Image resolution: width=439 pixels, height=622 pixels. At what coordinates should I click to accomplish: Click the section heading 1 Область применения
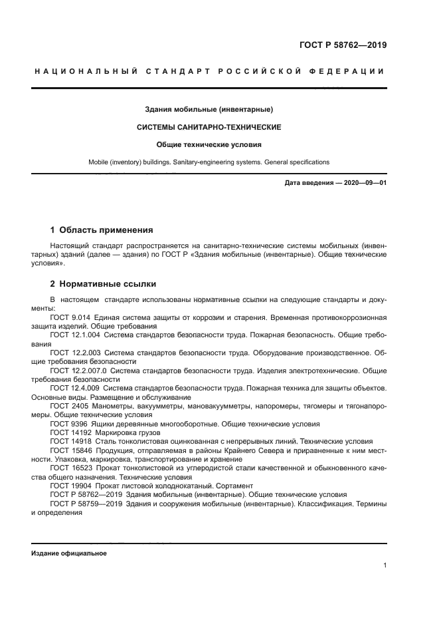[x=102, y=230]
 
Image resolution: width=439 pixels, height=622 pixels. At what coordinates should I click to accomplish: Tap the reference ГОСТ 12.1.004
[x=74, y=335]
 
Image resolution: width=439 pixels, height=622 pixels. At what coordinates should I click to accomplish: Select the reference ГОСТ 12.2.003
[x=74, y=353]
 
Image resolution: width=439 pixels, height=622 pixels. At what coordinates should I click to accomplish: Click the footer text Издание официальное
[x=68, y=553]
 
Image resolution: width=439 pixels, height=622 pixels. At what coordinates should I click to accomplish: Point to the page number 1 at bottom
[x=385, y=565]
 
